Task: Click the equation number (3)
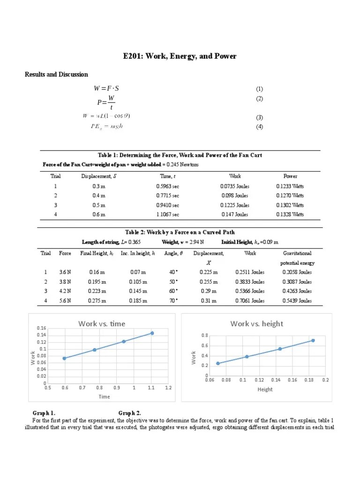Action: pyautogui.click(x=259, y=117)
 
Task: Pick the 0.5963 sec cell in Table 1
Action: pyautogui.click(x=168, y=186)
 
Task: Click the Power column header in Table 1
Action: pyautogui.click(x=290, y=176)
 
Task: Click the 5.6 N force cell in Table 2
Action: pyautogui.click(x=65, y=300)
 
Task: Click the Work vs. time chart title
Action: pyautogui.click(x=102, y=323)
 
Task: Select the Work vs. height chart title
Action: pyautogui.click(x=256, y=323)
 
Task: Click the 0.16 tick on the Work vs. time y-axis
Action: pyautogui.click(x=41, y=328)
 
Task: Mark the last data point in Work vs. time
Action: pyautogui.click(x=151, y=333)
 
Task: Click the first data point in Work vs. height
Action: pyautogui.click(x=217, y=363)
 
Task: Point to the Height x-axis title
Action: pyautogui.click(x=265, y=390)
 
